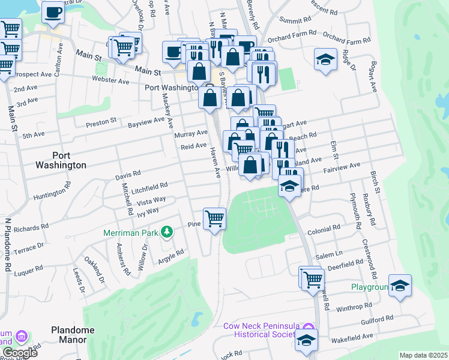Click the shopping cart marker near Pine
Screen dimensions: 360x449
pyautogui.click(x=214, y=218)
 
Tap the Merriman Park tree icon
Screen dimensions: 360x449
pyautogui.click(x=170, y=232)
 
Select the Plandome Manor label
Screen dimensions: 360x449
pyautogui.click(x=73, y=334)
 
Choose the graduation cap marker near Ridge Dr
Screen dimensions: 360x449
pyautogui.click(x=325, y=59)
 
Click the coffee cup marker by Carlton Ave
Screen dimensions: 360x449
pyautogui.click(x=53, y=11)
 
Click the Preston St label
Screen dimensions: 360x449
pyautogui.click(x=101, y=122)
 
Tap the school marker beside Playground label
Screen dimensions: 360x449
pyautogui.click(x=400, y=285)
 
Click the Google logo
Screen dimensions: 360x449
pyautogui.click(x=20, y=353)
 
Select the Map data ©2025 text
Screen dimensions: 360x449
pyautogui.click(x=423, y=355)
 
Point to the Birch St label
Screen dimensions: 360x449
pyautogui.click(x=376, y=181)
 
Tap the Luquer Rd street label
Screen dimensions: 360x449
pyautogui.click(x=34, y=272)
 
